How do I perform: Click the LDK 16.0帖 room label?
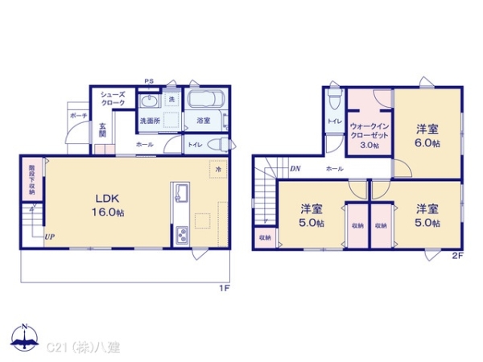[x=110, y=204]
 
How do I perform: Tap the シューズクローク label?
[x=112, y=99]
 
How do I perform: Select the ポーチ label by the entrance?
[x=78, y=116]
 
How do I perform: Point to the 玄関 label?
[x=103, y=130]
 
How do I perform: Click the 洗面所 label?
[x=151, y=121]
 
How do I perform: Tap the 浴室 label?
[x=203, y=121]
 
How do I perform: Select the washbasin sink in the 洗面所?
[x=149, y=101]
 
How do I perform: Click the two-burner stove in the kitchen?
[x=180, y=235]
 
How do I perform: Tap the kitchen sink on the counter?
[x=180, y=194]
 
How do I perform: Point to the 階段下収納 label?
[x=31, y=180]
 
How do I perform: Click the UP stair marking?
[x=50, y=237]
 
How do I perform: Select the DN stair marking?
[x=295, y=169]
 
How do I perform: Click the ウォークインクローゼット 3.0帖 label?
[x=369, y=135]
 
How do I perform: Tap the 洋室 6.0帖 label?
[x=427, y=135]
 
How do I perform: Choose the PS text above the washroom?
[x=149, y=81]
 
